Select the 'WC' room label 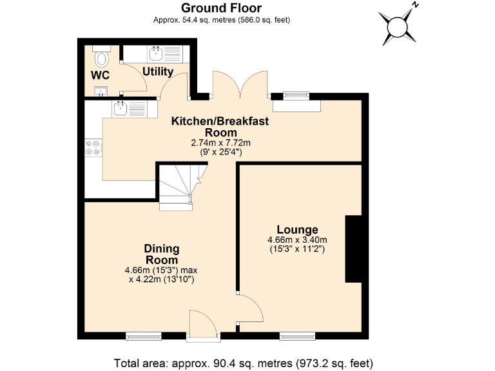coord(99,75)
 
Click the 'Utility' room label coord(158,71)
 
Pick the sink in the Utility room coord(156,52)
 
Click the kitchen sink coord(121,109)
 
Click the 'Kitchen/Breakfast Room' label coord(219,126)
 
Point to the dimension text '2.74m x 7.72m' coord(219,143)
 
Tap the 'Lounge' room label coord(297,230)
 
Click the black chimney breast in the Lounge coord(354,249)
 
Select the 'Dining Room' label coord(161,254)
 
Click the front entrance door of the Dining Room coord(203,323)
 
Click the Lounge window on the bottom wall coord(297,336)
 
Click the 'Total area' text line coord(243,362)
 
